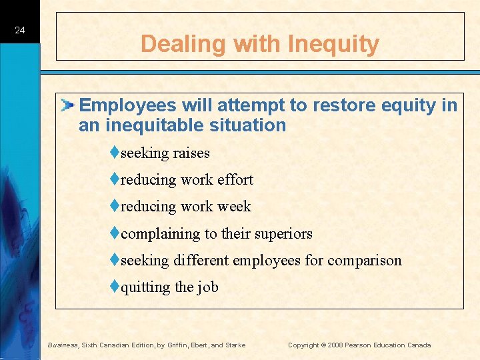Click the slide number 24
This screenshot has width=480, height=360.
click(x=20, y=31)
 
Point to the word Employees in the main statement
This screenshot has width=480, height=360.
click(x=127, y=105)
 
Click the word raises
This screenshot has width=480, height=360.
click(x=191, y=153)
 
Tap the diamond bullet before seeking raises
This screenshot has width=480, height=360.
click(x=115, y=153)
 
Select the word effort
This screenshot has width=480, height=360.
click(x=235, y=180)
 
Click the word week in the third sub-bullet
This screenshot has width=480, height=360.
click(x=234, y=207)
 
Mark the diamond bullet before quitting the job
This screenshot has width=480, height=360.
click(x=115, y=287)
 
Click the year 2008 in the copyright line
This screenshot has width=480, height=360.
click(x=335, y=345)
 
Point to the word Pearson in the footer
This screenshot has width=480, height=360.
click(x=360, y=345)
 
